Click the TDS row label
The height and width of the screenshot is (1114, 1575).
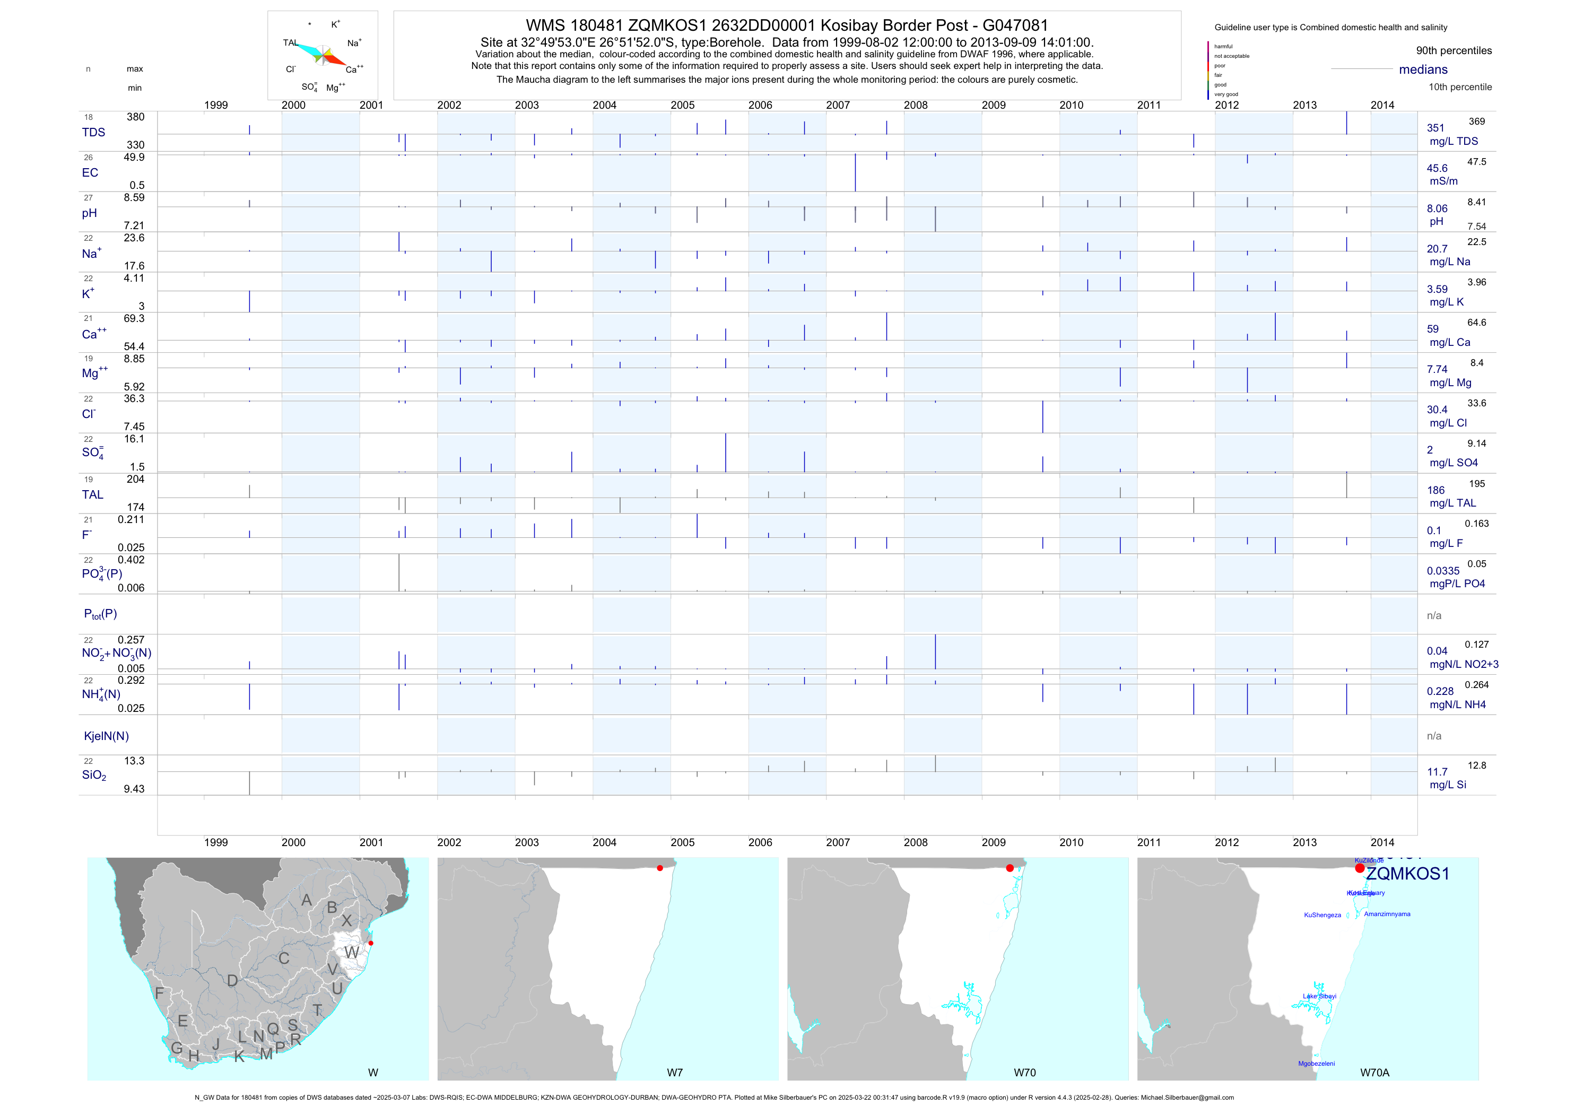coord(93,133)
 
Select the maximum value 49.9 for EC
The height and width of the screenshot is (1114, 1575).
coord(134,157)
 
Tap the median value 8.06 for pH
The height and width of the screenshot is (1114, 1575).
coord(1437,208)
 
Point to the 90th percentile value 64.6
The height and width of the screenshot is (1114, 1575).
coord(1476,323)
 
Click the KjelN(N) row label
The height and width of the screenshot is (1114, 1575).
coord(106,736)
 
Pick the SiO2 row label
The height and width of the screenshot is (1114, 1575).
coord(94,775)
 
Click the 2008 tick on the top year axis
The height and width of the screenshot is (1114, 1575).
coord(915,105)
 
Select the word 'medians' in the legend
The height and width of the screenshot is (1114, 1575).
coord(1423,69)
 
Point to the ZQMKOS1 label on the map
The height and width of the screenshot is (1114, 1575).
coord(1407,874)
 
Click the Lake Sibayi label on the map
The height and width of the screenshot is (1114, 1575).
coord(1319,996)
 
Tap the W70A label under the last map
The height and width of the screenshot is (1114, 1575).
coord(1374,1073)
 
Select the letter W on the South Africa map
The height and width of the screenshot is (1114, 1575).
coord(351,953)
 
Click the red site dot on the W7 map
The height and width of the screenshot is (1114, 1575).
coord(660,868)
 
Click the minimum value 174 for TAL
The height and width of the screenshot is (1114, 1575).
coord(135,508)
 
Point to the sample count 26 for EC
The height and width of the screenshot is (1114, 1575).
coord(89,158)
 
